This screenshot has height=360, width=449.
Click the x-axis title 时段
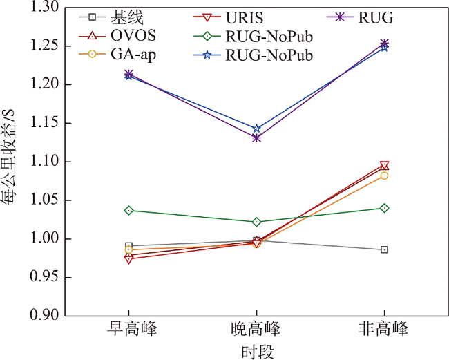click(x=257, y=351)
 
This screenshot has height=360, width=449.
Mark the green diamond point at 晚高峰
click(x=257, y=222)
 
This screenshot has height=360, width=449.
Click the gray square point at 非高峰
click(x=384, y=249)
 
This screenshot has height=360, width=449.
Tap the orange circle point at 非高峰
click(x=384, y=176)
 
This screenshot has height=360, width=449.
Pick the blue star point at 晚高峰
click(x=257, y=129)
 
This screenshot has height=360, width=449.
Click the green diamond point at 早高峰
click(x=129, y=210)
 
